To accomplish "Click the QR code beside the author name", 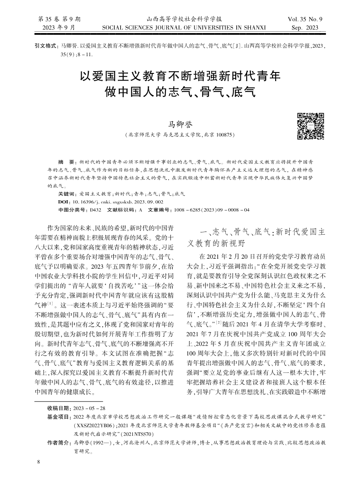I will point(310,125).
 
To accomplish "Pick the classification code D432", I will point(96,210).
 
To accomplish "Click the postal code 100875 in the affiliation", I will point(223,135).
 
